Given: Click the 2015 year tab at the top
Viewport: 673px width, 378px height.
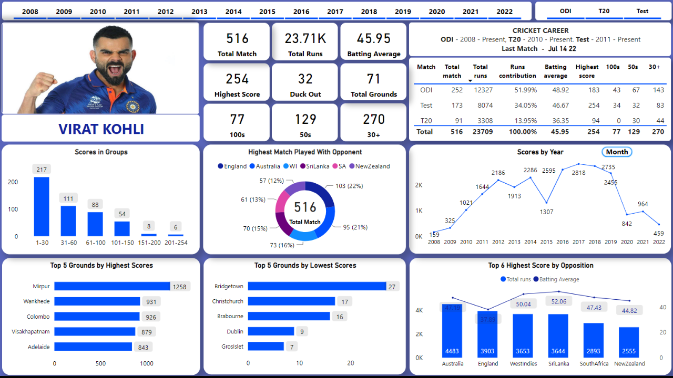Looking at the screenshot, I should click(267, 12).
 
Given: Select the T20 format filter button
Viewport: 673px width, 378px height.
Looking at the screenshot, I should click(604, 11).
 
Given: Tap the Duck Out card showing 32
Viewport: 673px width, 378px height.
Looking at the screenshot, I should click(305, 82).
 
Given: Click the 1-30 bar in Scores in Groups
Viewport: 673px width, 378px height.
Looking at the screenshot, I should click(42, 206).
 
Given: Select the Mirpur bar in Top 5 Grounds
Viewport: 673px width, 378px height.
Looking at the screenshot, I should click(112, 286).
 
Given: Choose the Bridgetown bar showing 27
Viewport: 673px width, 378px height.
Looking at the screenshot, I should click(317, 286).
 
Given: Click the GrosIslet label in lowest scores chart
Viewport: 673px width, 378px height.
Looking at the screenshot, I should click(232, 347).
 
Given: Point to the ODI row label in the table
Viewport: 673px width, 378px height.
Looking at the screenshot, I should click(426, 90).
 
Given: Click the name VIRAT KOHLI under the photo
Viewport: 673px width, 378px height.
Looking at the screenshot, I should click(101, 129).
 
